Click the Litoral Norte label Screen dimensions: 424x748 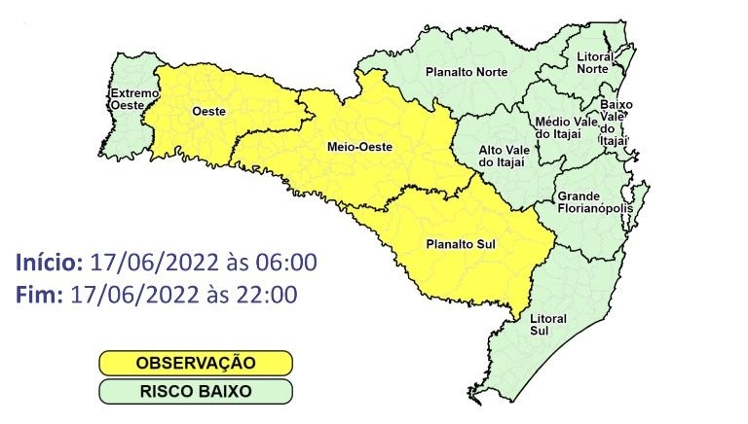point(594,63)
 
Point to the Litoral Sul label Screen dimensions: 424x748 point(549,325)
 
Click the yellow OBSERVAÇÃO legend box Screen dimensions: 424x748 point(195,363)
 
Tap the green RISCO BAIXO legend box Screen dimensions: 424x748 point(195,392)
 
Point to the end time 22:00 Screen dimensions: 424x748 point(270,293)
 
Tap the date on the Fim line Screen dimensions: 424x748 point(130,293)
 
